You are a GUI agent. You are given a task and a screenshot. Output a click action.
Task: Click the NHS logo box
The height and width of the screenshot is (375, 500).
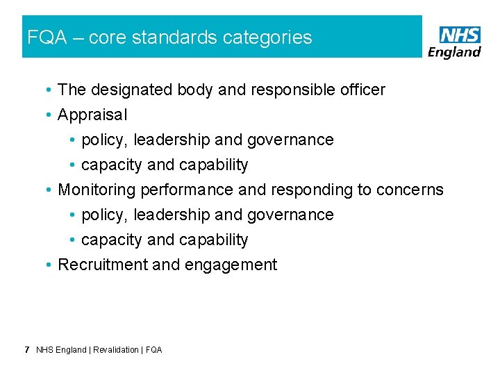pyautogui.click(x=460, y=35)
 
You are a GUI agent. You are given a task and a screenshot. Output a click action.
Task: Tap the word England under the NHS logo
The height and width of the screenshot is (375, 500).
pyautogui.click(x=455, y=52)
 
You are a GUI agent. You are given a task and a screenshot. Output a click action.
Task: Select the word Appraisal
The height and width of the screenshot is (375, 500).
pyautogui.click(x=92, y=115)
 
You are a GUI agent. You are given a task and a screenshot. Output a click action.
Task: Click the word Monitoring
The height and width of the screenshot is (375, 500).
pyautogui.click(x=97, y=190)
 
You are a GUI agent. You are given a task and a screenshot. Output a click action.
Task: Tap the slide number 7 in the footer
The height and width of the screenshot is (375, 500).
pyautogui.click(x=26, y=350)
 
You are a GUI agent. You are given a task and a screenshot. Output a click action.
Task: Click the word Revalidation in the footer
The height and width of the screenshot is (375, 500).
pyautogui.click(x=116, y=350)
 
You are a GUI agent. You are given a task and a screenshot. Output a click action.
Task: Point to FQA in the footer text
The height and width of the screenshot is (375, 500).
pyautogui.click(x=153, y=350)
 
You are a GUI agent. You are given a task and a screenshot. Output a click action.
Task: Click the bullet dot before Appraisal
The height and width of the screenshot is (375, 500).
pyautogui.click(x=50, y=115)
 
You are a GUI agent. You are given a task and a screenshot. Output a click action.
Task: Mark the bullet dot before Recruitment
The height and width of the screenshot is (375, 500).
pyautogui.click(x=50, y=265)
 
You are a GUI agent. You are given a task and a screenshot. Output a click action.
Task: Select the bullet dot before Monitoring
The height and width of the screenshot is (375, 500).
pyautogui.click(x=50, y=190)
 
